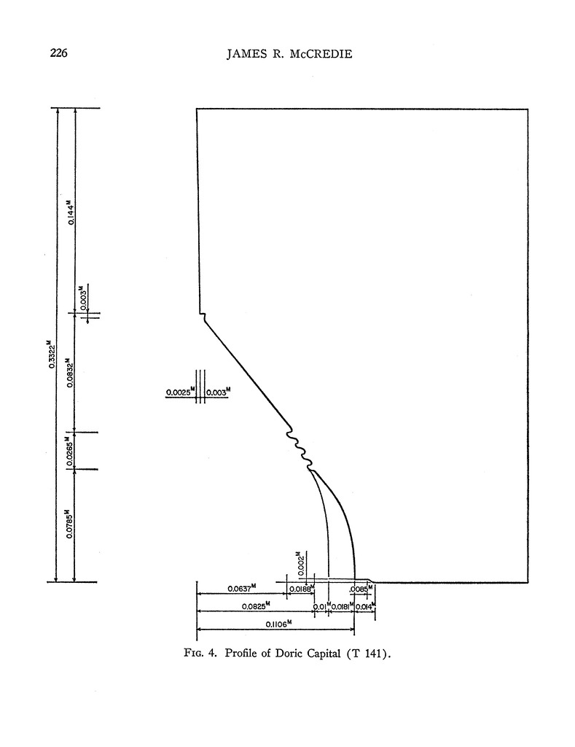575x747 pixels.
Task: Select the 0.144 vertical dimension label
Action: pyautogui.click(x=70, y=212)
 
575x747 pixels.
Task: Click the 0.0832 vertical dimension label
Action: pyautogui.click(x=70, y=372)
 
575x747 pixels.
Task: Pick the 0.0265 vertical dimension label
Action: pyautogui.click(x=70, y=451)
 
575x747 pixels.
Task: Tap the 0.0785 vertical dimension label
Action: pyautogui.click(x=70, y=525)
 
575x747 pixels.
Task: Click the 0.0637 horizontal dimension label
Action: pyautogui.click(x=239, y=589)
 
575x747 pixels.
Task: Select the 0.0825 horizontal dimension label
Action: pyautogui.click(x=256, y=605)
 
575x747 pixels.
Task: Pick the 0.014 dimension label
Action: pyautogui.click(x=365, y=605)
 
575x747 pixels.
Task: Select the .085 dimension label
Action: pyautogui.click(x=359, y=589)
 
